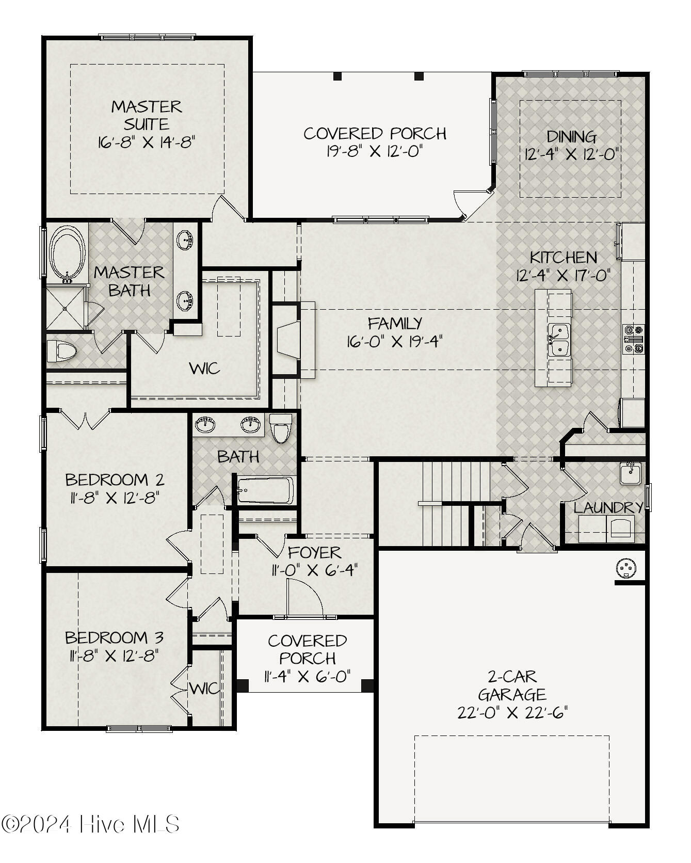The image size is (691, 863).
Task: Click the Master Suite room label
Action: [147, 115]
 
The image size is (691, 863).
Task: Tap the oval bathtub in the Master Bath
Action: [67, 253]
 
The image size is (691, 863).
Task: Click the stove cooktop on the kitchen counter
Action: [633, 339]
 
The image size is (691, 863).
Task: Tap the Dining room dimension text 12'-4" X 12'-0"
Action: [571, 154]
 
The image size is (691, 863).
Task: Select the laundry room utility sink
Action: [630, 473]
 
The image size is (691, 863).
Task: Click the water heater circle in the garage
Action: [626, 568]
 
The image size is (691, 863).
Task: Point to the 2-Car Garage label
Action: [512, 685]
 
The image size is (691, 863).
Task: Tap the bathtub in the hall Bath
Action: [265, 490]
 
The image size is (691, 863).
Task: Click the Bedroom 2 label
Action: [115, 480]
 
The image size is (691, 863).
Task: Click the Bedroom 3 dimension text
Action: [114, 656]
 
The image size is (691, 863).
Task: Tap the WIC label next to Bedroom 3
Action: [204, 688]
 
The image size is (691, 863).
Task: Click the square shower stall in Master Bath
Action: [65, 308]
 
